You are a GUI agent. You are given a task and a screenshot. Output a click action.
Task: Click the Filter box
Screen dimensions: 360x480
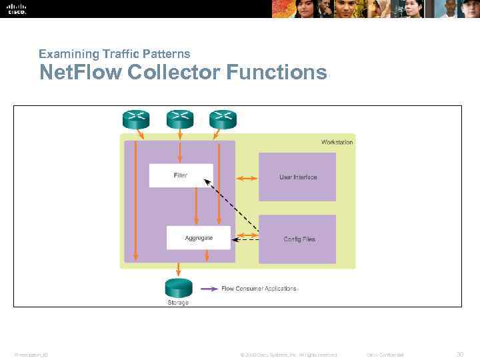tap(181, 175)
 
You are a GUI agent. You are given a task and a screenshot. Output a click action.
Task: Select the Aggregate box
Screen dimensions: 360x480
tap(198, 237)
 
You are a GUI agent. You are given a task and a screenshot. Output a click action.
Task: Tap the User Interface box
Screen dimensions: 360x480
tap(297, 177)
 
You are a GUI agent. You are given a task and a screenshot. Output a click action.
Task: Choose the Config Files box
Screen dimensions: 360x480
tap(297, 239)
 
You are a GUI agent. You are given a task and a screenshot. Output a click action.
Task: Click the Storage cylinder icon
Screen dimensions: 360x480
tap(178, 287)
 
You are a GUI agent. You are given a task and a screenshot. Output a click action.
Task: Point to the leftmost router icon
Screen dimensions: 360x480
tap(135, 119)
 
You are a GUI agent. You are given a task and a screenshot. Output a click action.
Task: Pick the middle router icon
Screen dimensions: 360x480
tap(179, 119)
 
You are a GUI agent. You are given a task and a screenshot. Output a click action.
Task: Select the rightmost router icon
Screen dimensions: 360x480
tap(223, 119)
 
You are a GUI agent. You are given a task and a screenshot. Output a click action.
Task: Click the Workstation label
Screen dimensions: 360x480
tap(337, 142)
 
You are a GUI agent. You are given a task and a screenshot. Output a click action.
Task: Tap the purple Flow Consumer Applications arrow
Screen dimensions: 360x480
tap(209, 289)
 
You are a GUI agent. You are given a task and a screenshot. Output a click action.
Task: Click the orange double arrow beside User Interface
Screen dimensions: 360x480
tap(247, 178)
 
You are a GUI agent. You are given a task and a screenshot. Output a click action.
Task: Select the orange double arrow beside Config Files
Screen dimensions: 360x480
tap(247, 235)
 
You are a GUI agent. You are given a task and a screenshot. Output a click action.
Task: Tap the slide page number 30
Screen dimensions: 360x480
tap(460, 354)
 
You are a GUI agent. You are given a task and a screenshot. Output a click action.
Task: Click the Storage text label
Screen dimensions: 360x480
tap(178, 303)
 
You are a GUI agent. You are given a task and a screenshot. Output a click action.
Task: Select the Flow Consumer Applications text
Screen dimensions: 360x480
tap(259, 289)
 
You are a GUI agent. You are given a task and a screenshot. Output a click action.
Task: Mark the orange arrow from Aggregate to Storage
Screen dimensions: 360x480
tap(207, 256)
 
